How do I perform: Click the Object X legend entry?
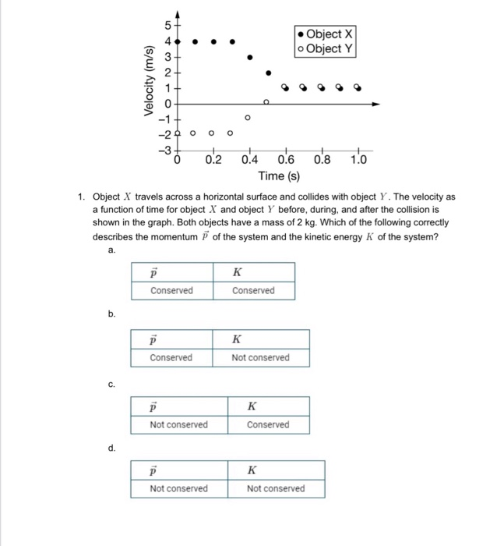click(325, 34)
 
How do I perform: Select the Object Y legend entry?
click(325, 49)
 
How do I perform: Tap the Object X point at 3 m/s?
click(249, 57)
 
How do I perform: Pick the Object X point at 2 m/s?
click(269, 73)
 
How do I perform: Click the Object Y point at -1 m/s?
click(248, 119)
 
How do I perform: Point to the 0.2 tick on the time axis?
click(213, 161)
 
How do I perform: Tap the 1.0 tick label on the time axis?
click(358, 161)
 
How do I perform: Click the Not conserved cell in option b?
click(260, 358)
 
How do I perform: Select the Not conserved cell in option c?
click(179, 425)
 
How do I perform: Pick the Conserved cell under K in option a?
click(254, 291)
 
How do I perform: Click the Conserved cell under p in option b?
click(171, 358)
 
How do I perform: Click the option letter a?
click(112, 250)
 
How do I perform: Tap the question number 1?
click(81, 197)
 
